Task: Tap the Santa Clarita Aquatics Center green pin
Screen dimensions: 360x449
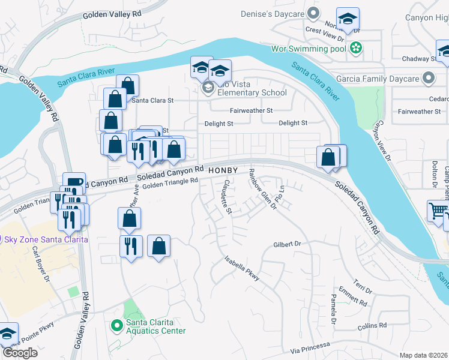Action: [118, 326]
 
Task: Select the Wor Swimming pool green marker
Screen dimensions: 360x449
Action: [356, 47]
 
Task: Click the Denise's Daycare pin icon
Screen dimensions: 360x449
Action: [312, 13]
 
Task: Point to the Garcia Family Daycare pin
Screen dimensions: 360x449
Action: [428, 79]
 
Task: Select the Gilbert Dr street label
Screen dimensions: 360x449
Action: [286, 244]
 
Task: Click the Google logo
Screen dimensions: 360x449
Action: [19, 353]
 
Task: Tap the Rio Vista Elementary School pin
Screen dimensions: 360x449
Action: [208, 89]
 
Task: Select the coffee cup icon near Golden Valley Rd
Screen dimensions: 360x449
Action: [74, 182]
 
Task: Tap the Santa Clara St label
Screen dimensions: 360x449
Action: [152, 100]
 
